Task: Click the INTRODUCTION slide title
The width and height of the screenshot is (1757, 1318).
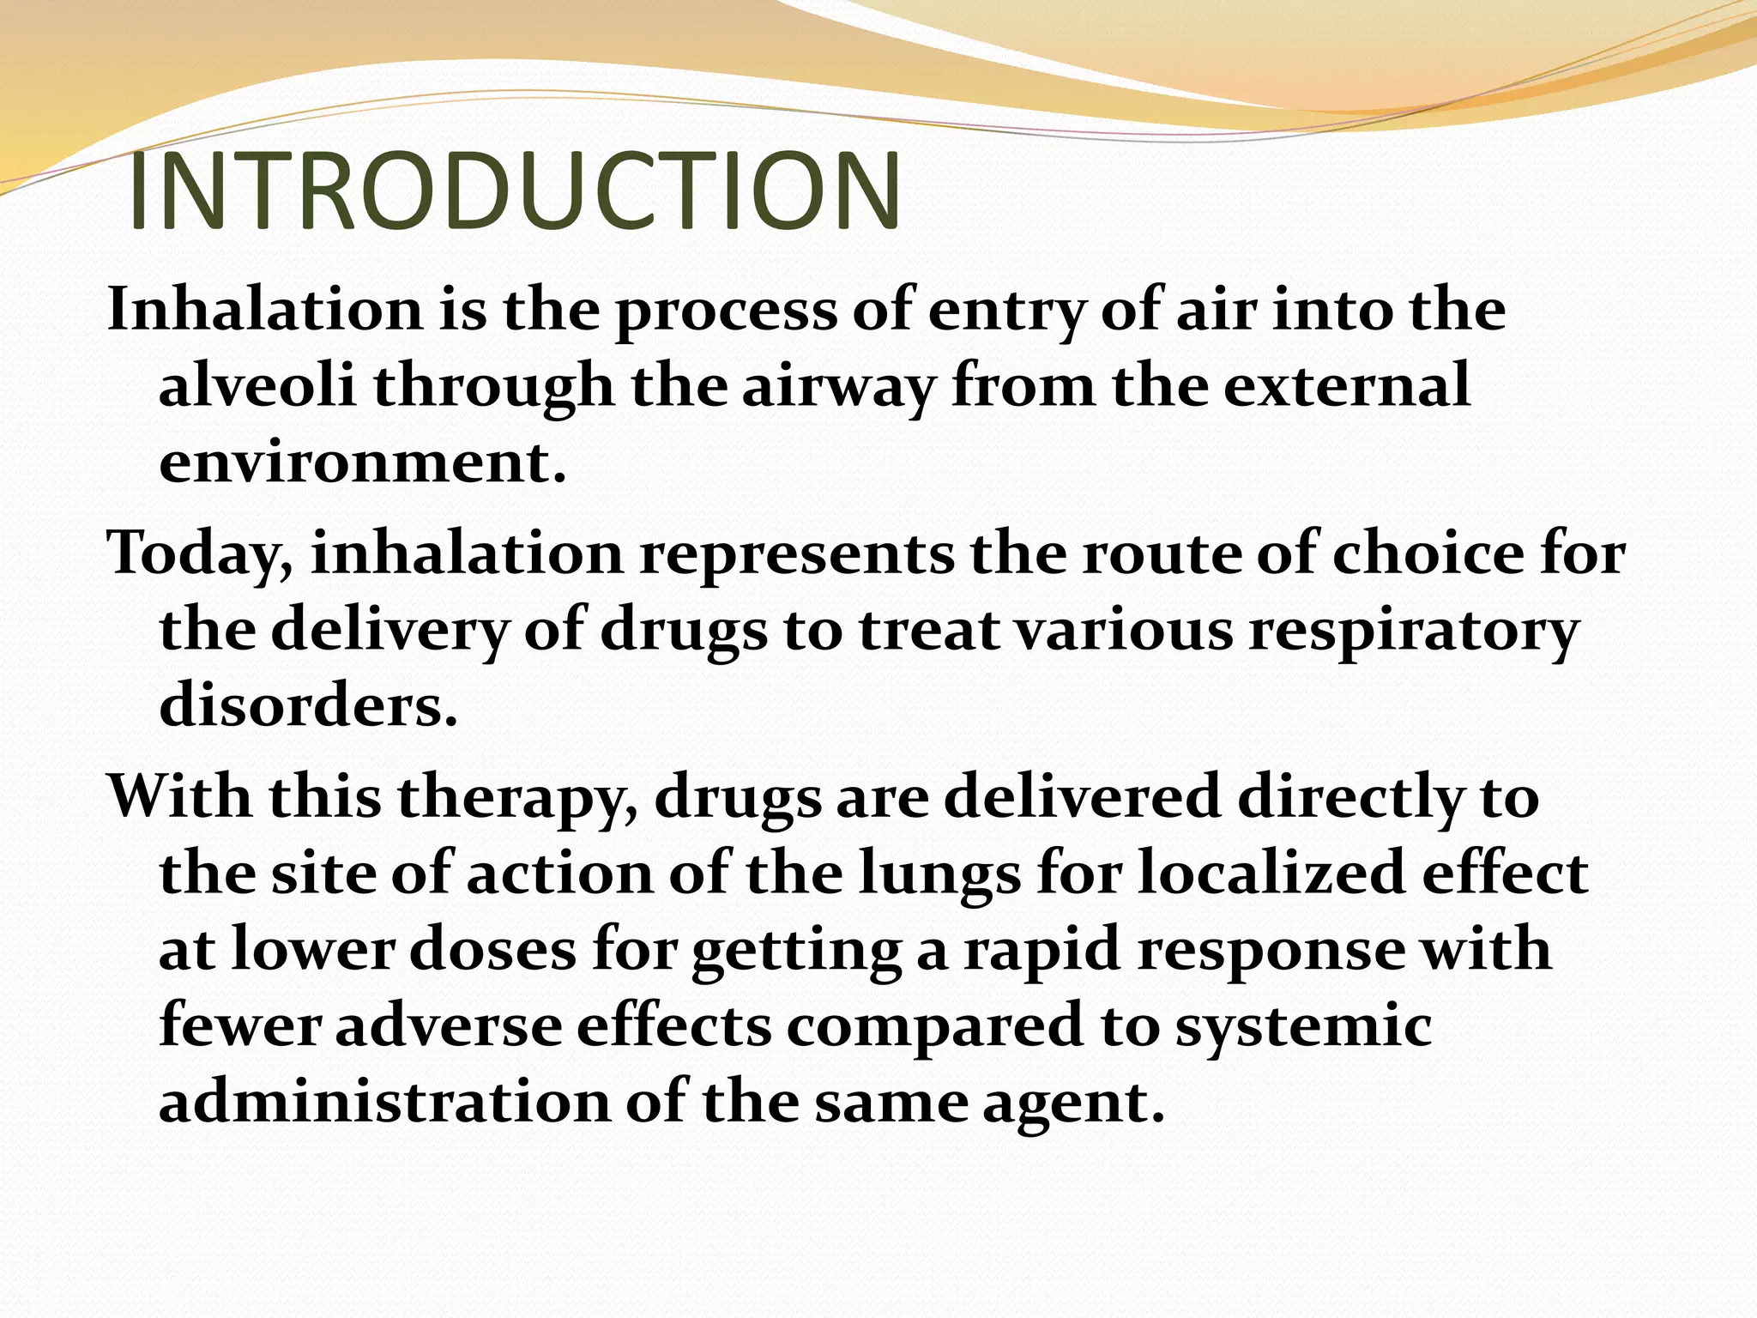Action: [515, 192]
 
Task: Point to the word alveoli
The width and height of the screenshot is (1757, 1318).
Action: [257, 386]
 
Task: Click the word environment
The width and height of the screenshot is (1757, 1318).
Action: [362, 463]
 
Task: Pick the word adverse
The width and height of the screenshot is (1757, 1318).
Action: [448, 1026]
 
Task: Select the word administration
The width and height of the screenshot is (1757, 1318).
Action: [383, 1102]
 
